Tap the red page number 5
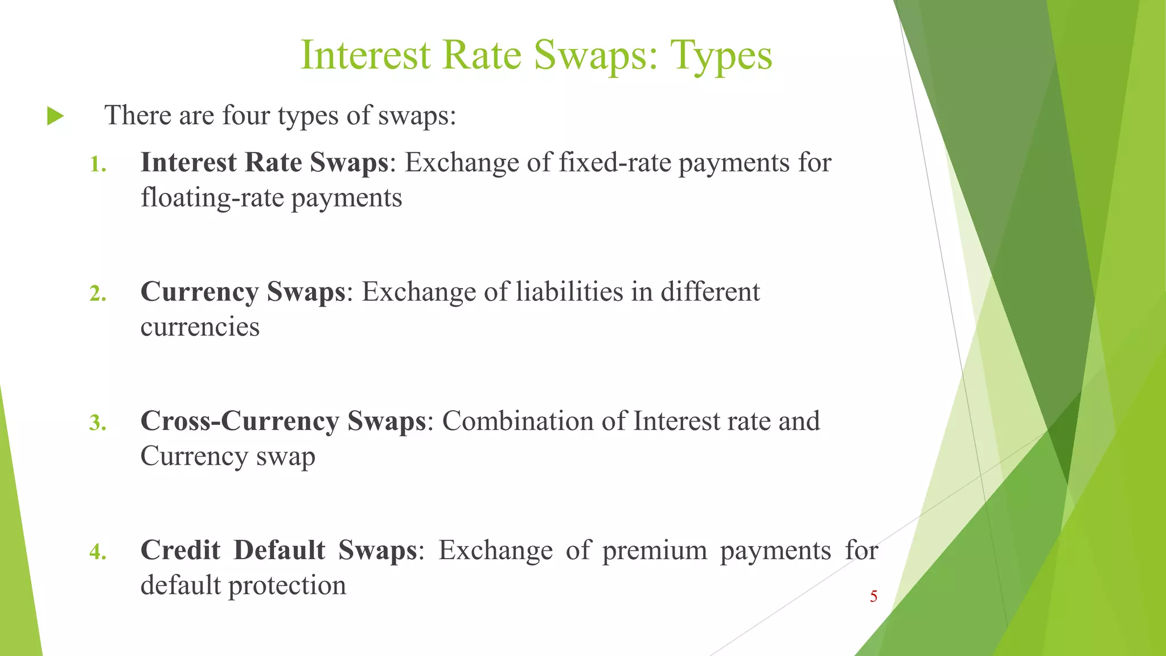coord(873,596)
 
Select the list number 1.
coord(98,165)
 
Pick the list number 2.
coord(98,294)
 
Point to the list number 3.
coord(98,423)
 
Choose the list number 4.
coord(98,552)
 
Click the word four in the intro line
coord(245,116)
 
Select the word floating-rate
coord(212,198)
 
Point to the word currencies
coord(200,327)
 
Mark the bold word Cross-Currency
coord(240,422)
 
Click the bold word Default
coord(279,551)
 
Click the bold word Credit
coord(180,551)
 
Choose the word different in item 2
coord(710,292)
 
